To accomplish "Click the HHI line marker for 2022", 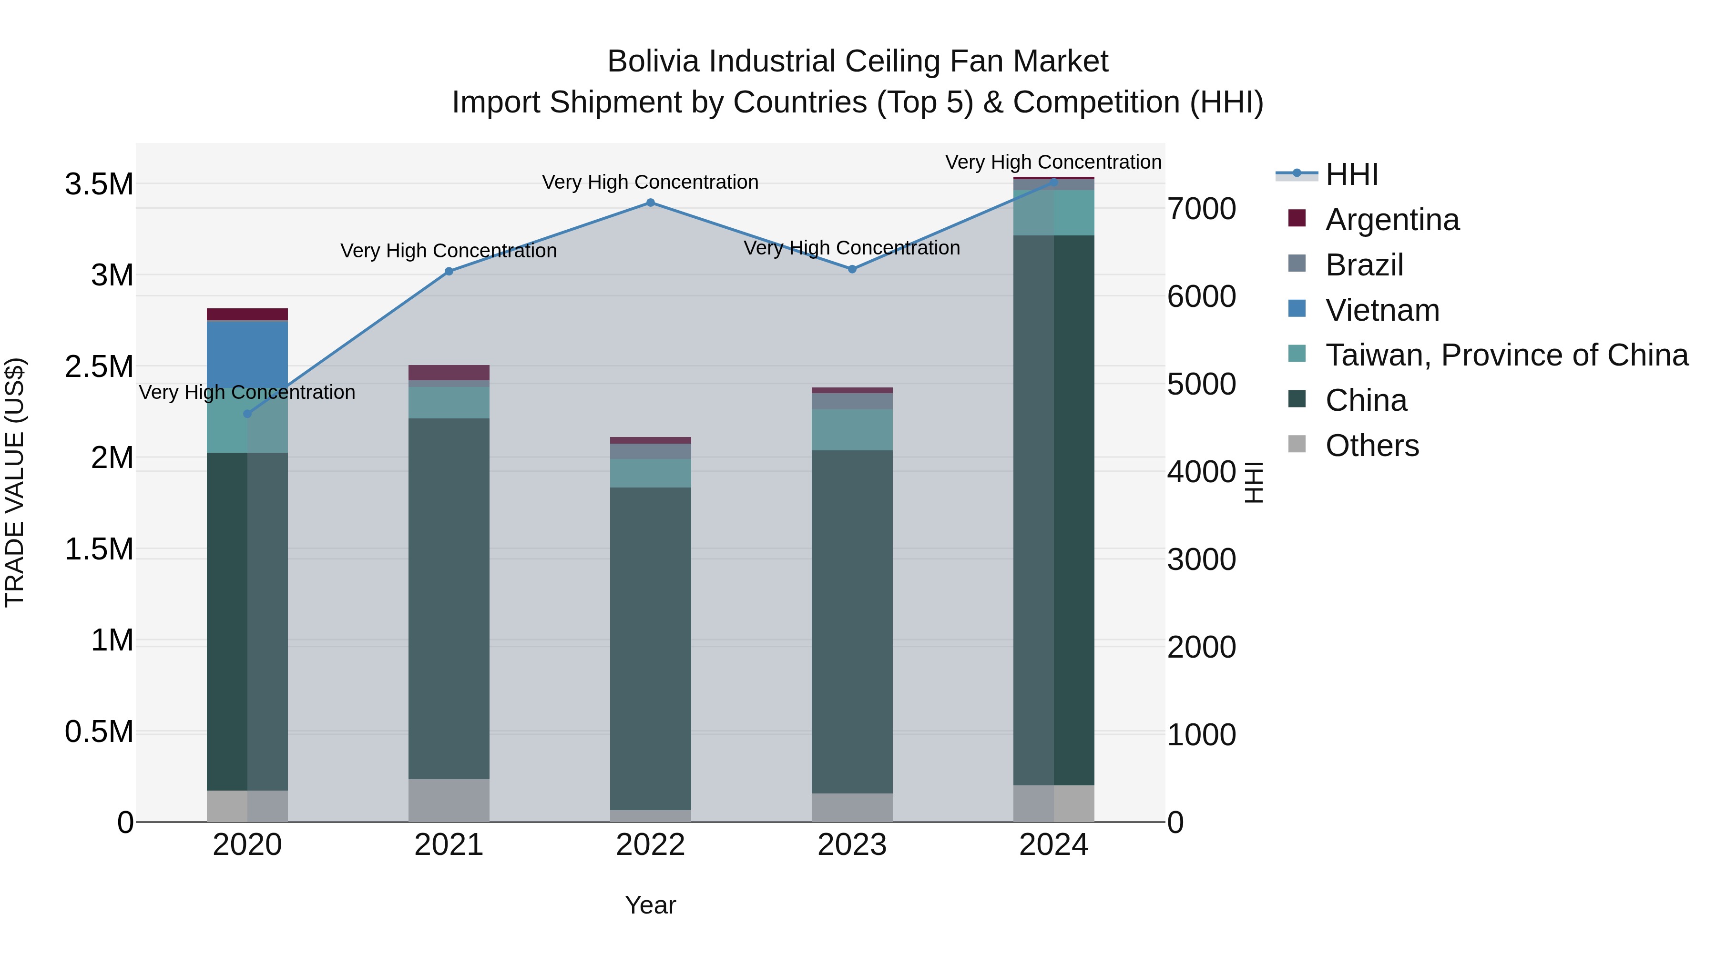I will [x=650, y=203].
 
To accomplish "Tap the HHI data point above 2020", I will [x=247, y=414].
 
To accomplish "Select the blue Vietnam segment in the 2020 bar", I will [x=247, y=354].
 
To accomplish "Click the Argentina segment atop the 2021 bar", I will [x=449, y=372].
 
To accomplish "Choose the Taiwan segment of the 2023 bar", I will [x=851, y=429].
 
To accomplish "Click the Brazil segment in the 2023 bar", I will [x=851, y=401].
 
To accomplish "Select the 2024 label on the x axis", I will [x=1053, y=845].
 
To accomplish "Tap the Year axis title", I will [x=650, y=905].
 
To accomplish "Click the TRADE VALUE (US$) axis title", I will [x=15, y=482].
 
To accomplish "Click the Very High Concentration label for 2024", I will [x=1052, y=162].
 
